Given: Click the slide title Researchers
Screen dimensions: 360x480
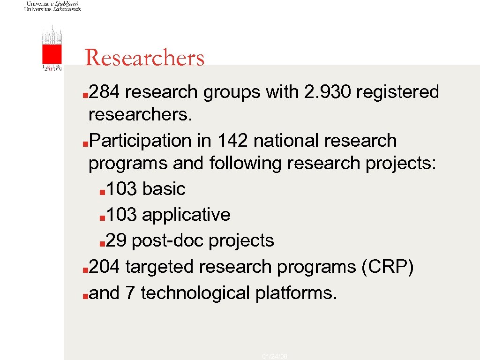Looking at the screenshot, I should [x=144, y=58].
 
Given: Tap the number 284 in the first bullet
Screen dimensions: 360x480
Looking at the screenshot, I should [x=106, y=92].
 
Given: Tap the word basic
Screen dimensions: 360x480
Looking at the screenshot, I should [x=164, y=189].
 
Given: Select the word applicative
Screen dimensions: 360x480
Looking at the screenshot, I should [x=186, y=215].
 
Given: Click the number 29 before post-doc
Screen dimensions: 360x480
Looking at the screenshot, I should [x=116, y=241].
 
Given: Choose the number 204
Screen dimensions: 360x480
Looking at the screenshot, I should [x=106, y=267].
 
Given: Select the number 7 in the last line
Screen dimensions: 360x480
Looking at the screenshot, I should [x=130, y=293].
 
